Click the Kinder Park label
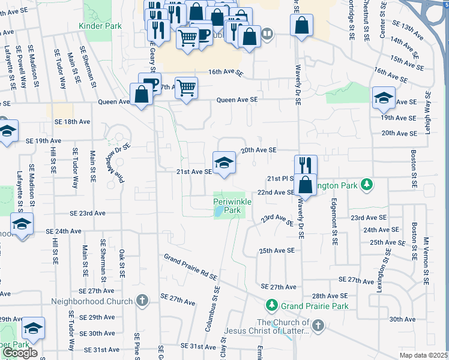tap(100, 26)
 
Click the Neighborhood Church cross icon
tap(142, 300)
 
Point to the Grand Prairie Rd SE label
tap(190, 266)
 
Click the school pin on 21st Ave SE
tap(224, 163)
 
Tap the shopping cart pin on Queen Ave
tap(186, 88)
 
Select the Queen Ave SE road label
tap(237, 100)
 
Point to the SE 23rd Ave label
tap(87, 213)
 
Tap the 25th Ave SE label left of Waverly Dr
tap(276, 250)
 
